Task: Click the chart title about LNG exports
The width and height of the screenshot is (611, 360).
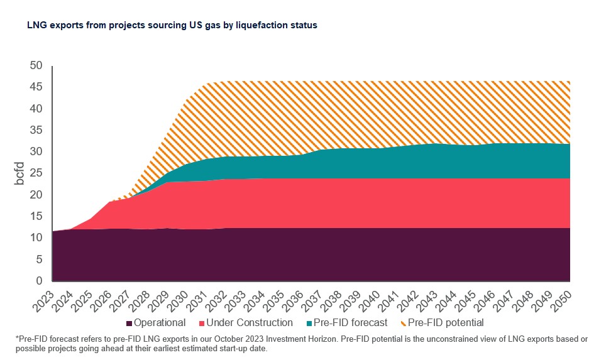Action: click(172, 26)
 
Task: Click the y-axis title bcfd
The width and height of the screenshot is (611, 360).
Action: click(20, 173)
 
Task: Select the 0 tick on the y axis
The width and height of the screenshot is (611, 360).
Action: click(40, 281)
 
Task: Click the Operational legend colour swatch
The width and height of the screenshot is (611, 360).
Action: click(129, 323)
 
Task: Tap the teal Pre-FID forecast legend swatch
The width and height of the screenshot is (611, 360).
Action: click(309, 323)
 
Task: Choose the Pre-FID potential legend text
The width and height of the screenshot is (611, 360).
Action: click(446, 322)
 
